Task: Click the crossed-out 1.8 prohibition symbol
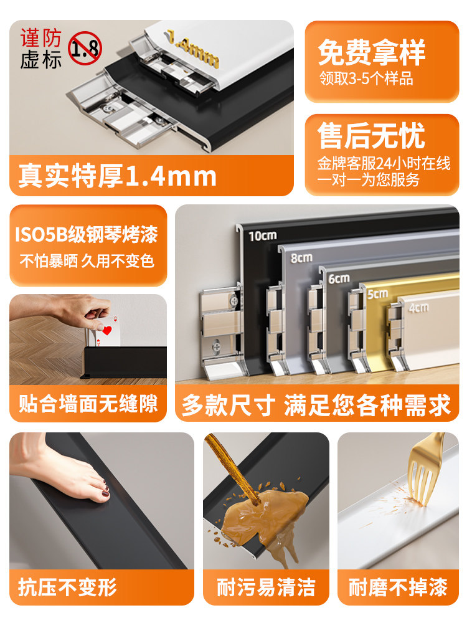click(x=85, y=48)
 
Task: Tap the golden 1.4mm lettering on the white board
click(x=192, y=49)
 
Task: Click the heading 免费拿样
click(x=372, y=52)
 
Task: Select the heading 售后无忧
click(x=371, y=136)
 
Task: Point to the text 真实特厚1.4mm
click(x=118, y=176)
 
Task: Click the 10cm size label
click(x=263, y=236)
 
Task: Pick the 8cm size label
click(x=301, y=258)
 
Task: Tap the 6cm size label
click(x=339, y=278)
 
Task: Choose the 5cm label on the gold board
click(x=377, y=293)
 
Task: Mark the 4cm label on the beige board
click(x=418, y=307)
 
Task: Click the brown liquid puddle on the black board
click(x=265, y=516)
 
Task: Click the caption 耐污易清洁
click(x=266, y=587)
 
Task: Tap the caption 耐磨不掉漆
click(x=398, y=587)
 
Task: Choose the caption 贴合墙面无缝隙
click(x=88, y=404)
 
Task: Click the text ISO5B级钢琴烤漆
click(x=87, y=234)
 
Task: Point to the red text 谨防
click(x=41, y=38)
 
